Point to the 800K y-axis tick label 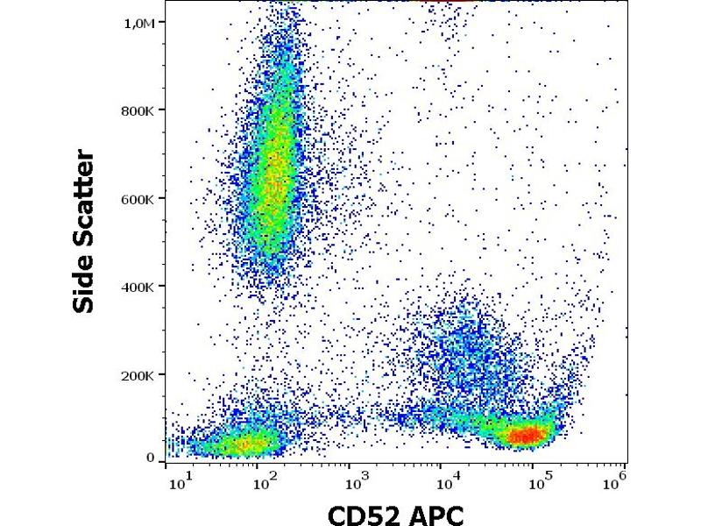[x=138, y=110]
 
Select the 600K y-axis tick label [x=138, y=199]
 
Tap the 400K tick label [x=138, y=287]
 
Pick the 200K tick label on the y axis [x=138, y=375]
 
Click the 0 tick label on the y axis [x=151, y=458]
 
